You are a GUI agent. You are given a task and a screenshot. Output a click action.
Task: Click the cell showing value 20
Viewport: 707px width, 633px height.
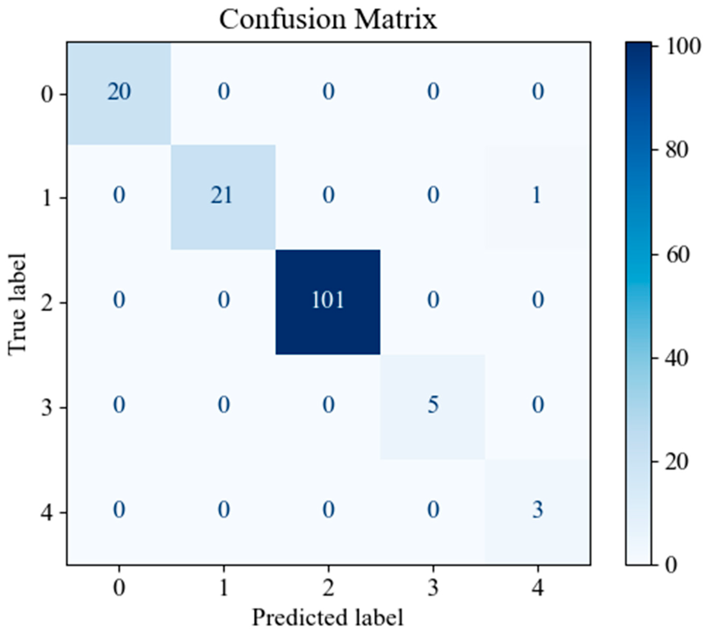click(x=119, y=92)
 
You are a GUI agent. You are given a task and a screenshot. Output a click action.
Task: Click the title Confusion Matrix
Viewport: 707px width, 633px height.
click(x=328, y=19)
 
